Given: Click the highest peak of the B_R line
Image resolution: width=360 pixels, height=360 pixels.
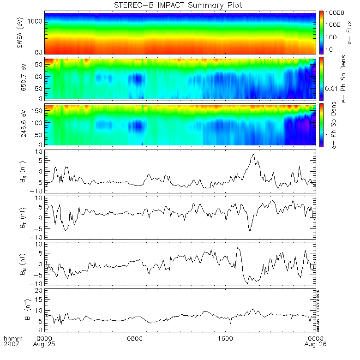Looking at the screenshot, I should tap(253, 154).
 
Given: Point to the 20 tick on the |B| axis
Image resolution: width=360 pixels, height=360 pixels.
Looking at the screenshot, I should tap(40, 290).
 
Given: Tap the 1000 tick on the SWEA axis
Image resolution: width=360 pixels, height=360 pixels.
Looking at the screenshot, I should tap(37, 21).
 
